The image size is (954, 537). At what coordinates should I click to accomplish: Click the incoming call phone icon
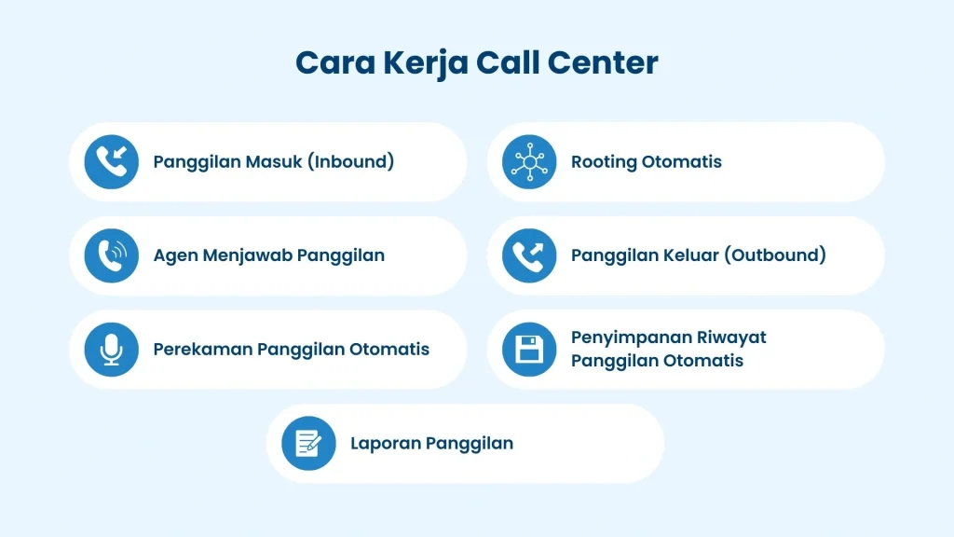point(111,162)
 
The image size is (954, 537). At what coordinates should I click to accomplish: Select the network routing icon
point(529,162)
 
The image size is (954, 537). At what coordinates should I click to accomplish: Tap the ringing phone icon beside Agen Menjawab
point(111,255)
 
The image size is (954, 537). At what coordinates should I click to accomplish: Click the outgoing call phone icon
point(529,255)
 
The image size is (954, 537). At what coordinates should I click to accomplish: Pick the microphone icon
point(111,350)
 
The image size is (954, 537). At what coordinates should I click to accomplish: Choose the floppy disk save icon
point(529,350)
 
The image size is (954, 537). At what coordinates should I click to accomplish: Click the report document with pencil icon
point(308,443)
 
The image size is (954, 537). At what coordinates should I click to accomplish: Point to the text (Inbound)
point(351,162)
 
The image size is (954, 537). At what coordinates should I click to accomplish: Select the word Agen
point(174,255)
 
